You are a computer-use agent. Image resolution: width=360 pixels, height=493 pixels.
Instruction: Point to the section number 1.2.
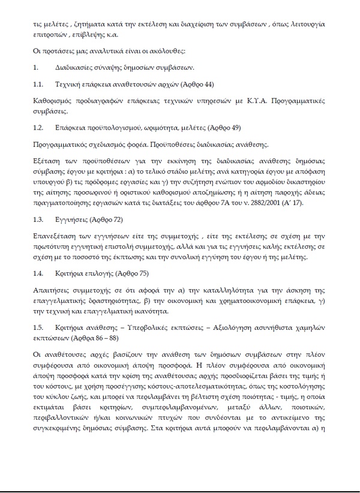click(x=38, y=128)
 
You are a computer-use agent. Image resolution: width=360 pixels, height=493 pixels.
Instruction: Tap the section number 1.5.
click(x=38, y=328)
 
